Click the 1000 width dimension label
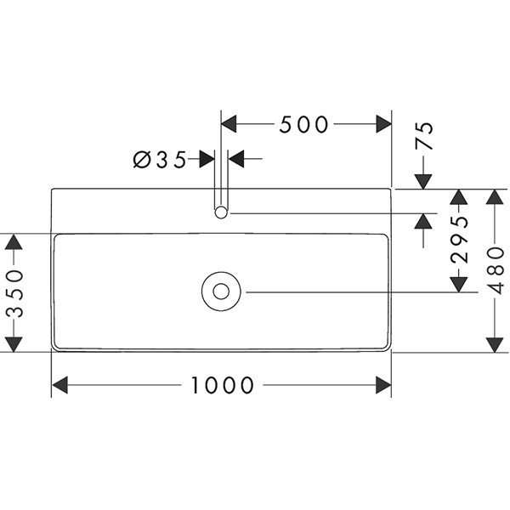click(x=223, y=386)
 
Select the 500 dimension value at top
click(x=303, y=125)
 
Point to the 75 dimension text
click(x=423, y=136)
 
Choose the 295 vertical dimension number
click(x=458, y=240)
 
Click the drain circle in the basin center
click(x=222, y=292)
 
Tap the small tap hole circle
click(x=222, y=212)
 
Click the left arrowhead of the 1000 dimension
click(x=59, y=386)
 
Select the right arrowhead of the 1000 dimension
click(x=383, y=386)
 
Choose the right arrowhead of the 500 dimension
click(x=383, y=125)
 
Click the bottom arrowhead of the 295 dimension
click(x=458, y=283)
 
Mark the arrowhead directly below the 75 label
click(x=423, y=181)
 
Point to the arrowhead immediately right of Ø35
click(x=236, y=158)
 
